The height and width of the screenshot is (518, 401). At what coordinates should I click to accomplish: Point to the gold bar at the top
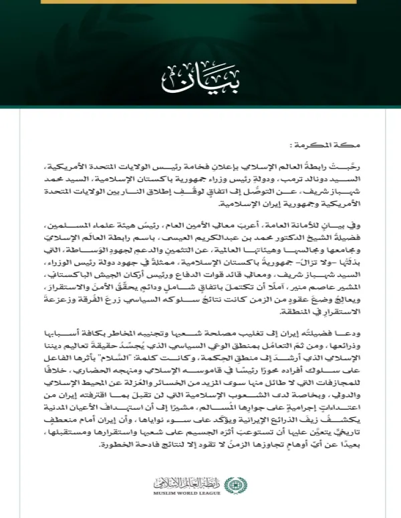(x=200, y=2)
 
